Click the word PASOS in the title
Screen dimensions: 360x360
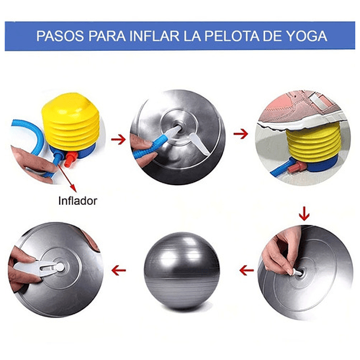click(x=60, y=36)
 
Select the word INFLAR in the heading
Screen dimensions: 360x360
click(x=154, y=36)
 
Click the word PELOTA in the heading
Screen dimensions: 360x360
click(x=232, y=36)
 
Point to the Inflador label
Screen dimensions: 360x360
click(x=77, y=201)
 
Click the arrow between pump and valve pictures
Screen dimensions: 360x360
click(x=118, y=139)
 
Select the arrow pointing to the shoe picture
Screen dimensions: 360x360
click(x=241, y=134)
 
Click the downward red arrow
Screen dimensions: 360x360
click(x=304, y=214)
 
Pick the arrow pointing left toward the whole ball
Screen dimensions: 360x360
click(x=247, y=270)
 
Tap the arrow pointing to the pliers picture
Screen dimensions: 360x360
click(x=119, y=270)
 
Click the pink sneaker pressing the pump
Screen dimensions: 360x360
click(x=303, y=108)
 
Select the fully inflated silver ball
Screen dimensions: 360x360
click(x=182, y=270)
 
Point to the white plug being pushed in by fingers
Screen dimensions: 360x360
click(x=296, y=272)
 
